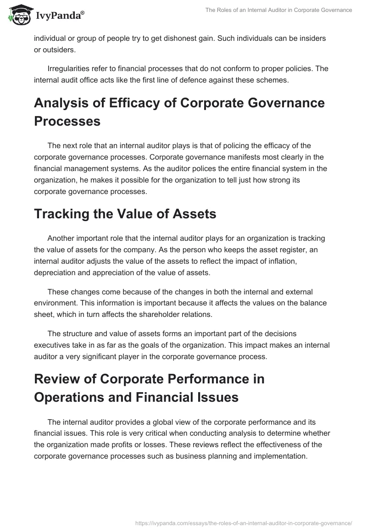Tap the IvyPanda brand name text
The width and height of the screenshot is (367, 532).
coord(59,16)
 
